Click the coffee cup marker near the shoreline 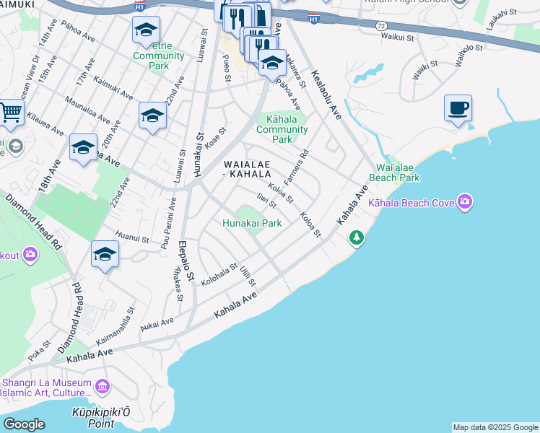point(458,109)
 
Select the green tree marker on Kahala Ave point(356,237)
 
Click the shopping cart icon point(10,113)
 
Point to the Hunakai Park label point(251,224)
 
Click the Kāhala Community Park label point(282,128)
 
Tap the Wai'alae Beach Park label point(393,172)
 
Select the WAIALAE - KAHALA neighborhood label point(247,169)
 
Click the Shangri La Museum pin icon point(102,388)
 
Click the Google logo point(24,424)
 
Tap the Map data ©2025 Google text point(495,427)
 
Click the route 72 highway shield point(380,25)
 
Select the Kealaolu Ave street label point(326,93)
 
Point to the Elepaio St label point(186,261)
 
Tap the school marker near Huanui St point(105,255)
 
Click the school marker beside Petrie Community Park point(146,30)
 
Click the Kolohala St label point(219,274)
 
